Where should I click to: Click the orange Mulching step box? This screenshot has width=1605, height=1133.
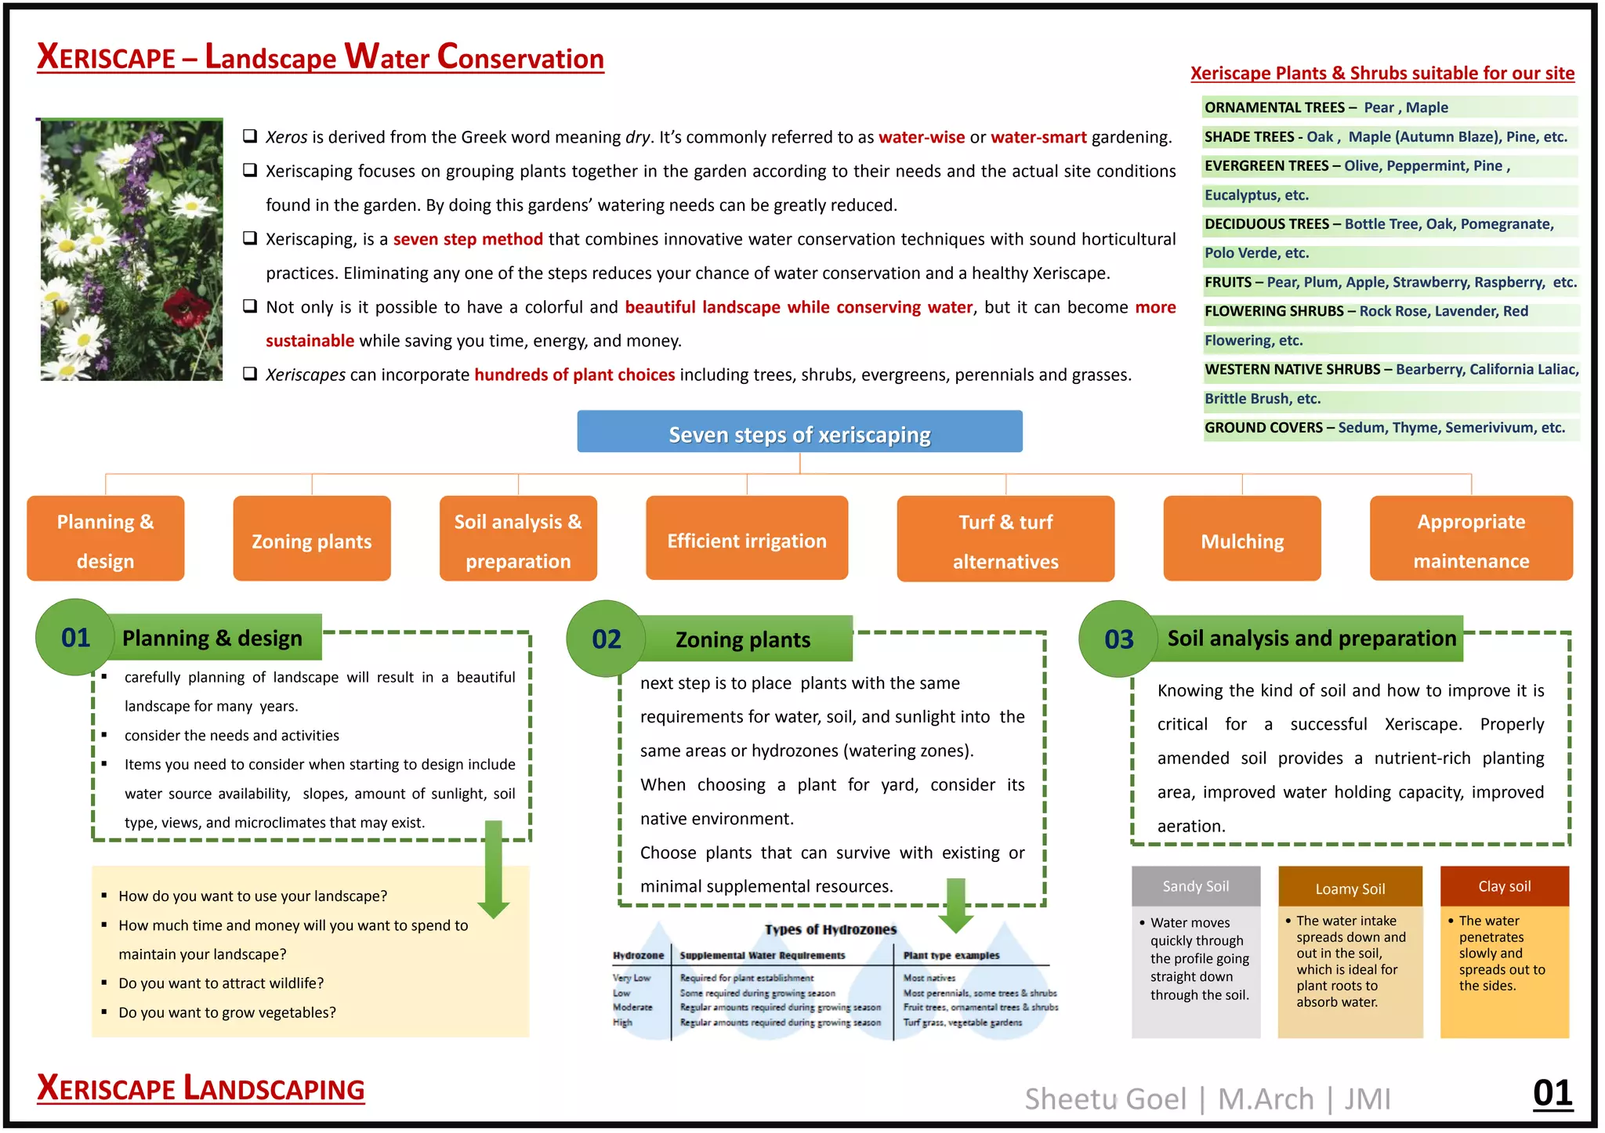point(1241,539)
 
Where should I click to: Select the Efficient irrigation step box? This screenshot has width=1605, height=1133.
point(746,539)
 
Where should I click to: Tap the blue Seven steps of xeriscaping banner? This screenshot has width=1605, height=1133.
point(799,432)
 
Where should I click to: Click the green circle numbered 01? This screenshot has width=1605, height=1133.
point(75,638)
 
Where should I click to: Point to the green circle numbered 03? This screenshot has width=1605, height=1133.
point(1118,639)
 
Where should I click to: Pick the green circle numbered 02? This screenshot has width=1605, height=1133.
point(606,639)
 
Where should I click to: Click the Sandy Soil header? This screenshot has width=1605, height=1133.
point(1195,886)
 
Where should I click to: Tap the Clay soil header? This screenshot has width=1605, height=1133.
point(1504,886)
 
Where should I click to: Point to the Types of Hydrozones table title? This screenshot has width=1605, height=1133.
point(830,929)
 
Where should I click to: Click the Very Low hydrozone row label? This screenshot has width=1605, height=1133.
point(632,978)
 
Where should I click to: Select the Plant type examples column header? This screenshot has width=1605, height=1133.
point(951,955)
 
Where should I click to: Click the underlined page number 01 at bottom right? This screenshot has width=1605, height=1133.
point(1552,1092)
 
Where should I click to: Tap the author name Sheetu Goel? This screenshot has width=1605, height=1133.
point(1105,1099)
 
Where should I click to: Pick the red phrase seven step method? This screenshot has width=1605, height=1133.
point(468,239)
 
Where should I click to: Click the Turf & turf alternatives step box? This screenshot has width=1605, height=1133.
point(1005,539)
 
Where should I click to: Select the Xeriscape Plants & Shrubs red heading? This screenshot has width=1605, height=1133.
point(1382,73)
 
